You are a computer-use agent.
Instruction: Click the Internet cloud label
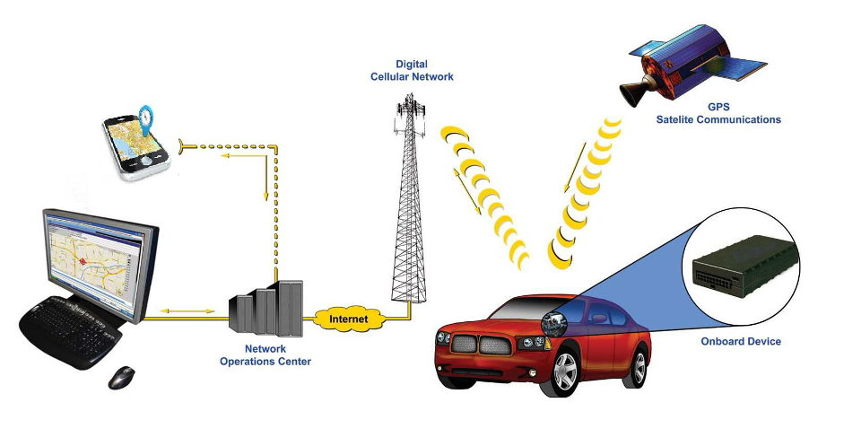click(x=349, y=319)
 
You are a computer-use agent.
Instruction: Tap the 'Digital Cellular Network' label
click(x=412, y=71)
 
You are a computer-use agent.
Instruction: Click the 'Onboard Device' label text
click(x=740, y=341)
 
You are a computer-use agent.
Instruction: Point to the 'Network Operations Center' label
click(x=265, y=355)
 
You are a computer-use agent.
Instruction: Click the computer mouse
click(x=121, y=378)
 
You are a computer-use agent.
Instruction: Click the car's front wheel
click(x=565, y=372)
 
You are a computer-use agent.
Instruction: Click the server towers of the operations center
click(x=265, y=308)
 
